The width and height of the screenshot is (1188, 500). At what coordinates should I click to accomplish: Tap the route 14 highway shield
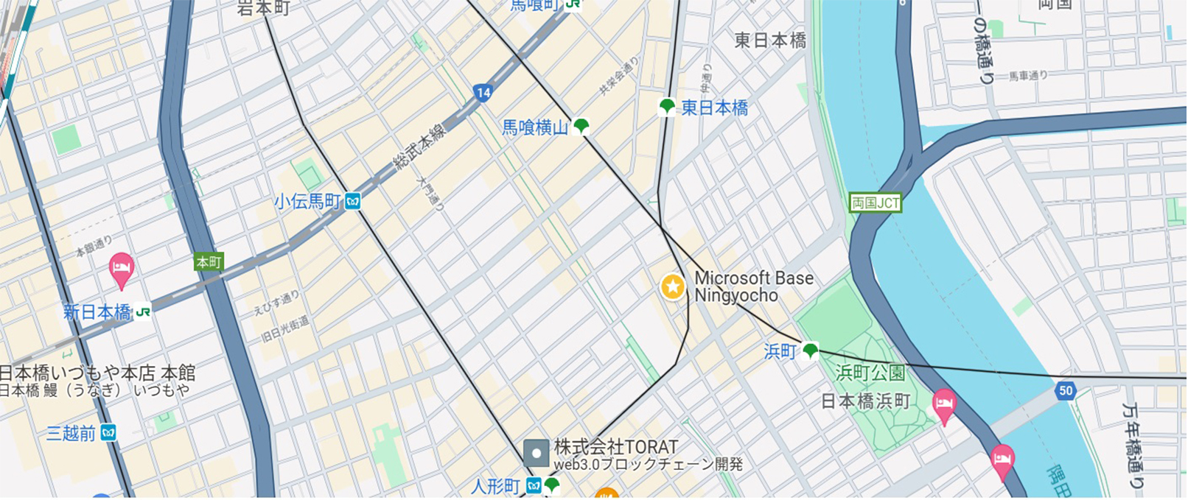483,93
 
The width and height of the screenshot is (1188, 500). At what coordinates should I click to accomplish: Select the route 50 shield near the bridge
1065,391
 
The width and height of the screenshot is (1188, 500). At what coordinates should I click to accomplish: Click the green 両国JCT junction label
876,203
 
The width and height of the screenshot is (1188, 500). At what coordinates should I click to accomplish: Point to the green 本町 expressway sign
209,262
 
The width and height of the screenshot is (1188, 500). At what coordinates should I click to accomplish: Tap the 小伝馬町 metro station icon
353,201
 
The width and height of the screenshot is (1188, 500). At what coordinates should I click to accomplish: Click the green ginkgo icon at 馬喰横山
581,126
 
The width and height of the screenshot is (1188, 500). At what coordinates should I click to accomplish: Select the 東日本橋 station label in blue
714,108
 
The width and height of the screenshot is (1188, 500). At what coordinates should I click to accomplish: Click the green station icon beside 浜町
811,351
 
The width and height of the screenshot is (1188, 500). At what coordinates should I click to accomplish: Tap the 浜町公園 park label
870,373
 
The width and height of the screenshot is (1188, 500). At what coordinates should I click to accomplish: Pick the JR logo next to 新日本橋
143,312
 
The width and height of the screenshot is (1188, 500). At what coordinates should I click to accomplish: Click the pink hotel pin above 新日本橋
121,269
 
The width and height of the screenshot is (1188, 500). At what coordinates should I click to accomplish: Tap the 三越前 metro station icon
108,433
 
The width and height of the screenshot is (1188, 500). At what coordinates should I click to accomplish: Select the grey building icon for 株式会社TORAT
536,453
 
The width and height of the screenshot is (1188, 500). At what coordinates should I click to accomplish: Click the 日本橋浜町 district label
865,401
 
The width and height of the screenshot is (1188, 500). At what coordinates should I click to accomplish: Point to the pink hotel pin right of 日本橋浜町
943,405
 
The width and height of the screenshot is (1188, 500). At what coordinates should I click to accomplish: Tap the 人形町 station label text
495,487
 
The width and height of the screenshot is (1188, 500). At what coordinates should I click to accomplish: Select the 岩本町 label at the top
263,8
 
